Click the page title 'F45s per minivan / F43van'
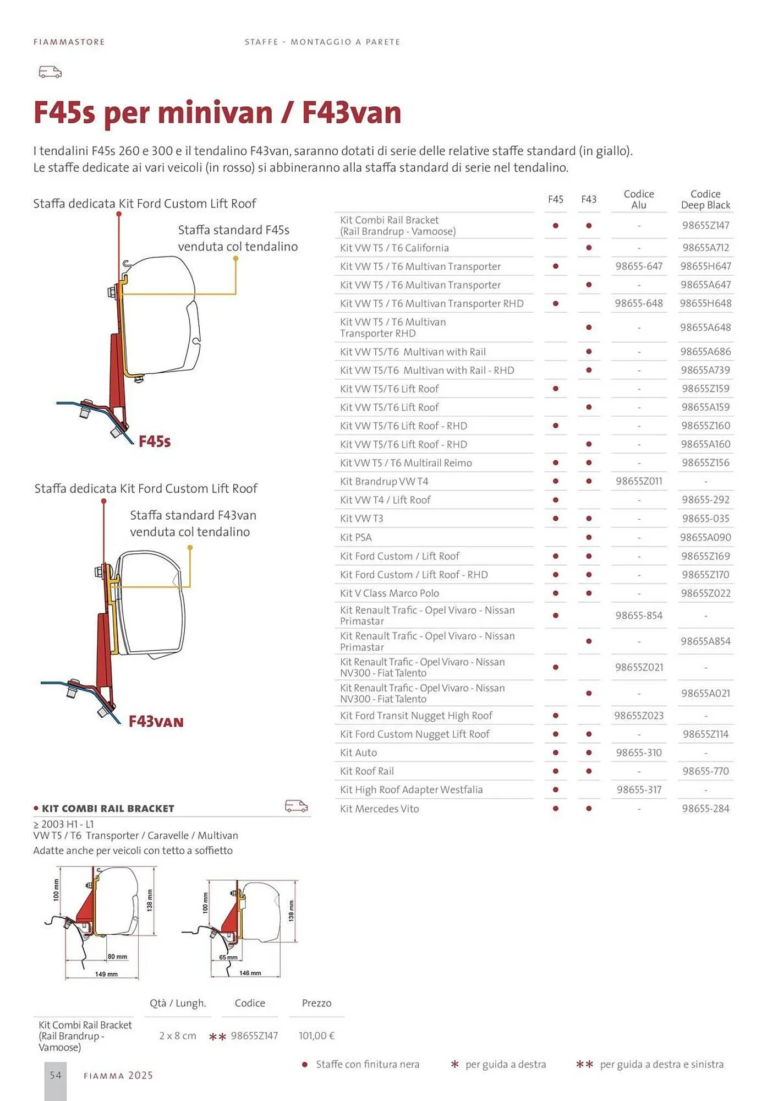[217, 112]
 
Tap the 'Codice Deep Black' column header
[705, 199]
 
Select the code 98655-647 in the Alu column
[639, 266]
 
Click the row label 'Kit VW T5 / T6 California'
[395, 248]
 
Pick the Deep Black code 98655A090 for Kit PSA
[705, 537]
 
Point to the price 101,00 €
[317, 1035]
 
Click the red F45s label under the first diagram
[155, 442]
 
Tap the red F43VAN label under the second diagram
[156, 722]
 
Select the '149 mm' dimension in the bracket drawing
[106, 974]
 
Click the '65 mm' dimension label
[228, 957]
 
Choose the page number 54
[56, 1075]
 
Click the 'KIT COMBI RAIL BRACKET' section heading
[108, 809]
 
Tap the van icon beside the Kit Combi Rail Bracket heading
[296, 806]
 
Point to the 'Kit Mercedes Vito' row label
[380, 809]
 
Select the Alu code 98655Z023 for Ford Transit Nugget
[639, 716]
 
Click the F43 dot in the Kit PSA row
[589, 537]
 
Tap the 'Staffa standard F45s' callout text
[233, 230]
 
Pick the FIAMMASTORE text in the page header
[69, 42]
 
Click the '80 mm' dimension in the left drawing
[117, 957]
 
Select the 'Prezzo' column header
[316, 1003]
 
